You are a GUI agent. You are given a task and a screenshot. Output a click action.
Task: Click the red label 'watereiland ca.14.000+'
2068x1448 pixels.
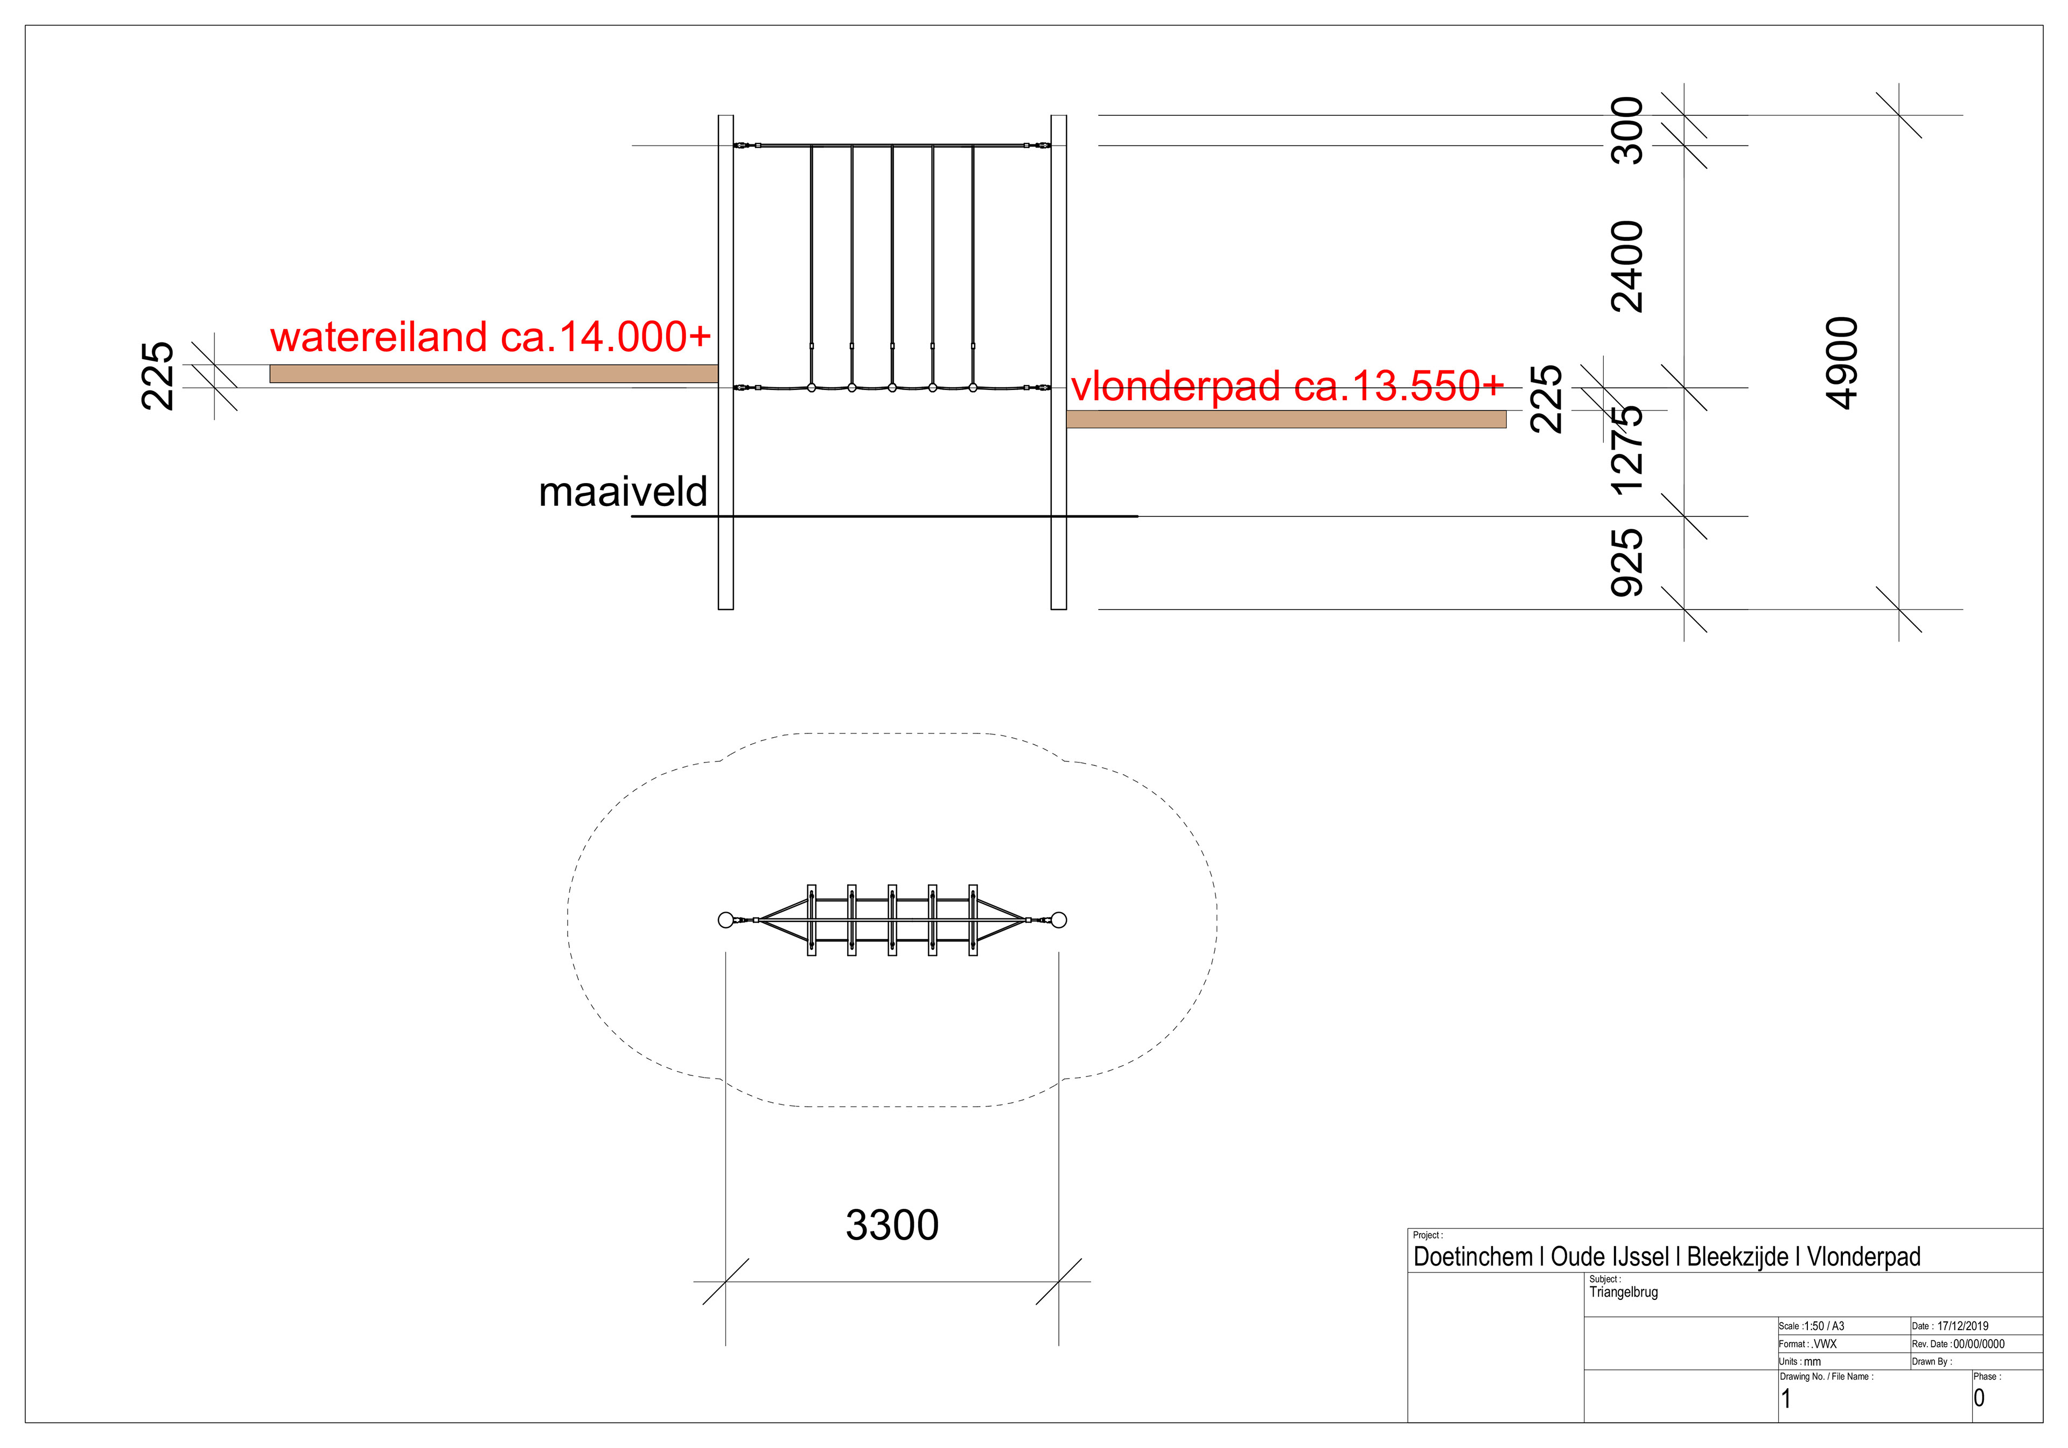pyautogui.click(x=490, y=338)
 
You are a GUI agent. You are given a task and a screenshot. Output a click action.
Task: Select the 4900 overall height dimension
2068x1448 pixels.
pyautogui.click(x=1842, y=363)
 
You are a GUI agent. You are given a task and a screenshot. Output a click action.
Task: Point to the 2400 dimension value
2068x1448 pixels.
pyautogui.click(x=1626, y=267)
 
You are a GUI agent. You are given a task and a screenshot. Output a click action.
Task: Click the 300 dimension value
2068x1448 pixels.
pyautogui.click(x=1626, y=130)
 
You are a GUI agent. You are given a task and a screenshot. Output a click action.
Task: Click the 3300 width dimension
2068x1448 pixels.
pyautogui.click(x=892, y=1225)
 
